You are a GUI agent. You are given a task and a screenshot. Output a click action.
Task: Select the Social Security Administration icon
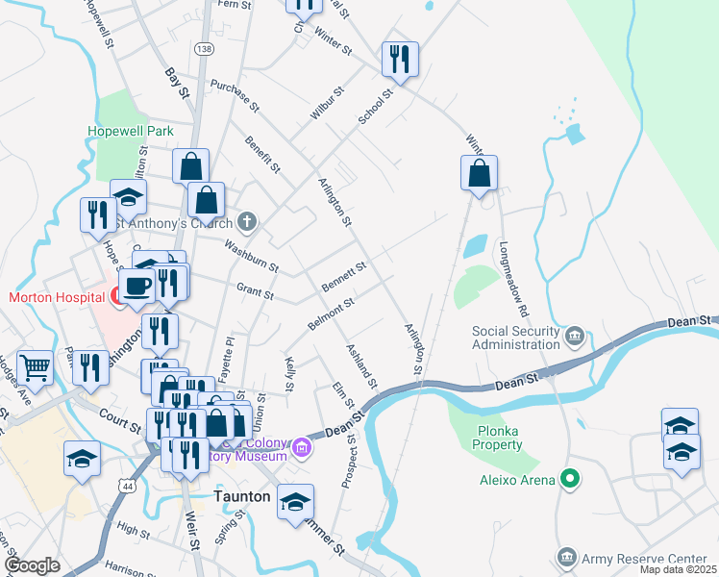click(574, 336)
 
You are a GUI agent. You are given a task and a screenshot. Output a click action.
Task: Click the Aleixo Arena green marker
click(570, 477)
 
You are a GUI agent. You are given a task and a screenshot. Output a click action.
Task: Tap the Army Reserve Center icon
click(566, 558)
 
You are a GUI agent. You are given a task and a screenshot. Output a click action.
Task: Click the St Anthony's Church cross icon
click(247, 223)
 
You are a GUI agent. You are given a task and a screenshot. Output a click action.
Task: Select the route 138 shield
click(203, 48)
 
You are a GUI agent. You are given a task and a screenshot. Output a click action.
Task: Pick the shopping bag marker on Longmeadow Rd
click(479, 175)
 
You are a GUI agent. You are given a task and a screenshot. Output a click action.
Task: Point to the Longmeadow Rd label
click(514, 279)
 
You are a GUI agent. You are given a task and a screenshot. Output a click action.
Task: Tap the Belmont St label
click(331, 314)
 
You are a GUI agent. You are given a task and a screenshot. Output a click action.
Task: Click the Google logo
click(33, 565)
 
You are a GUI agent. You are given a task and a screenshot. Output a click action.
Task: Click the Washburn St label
click(251, 254)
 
